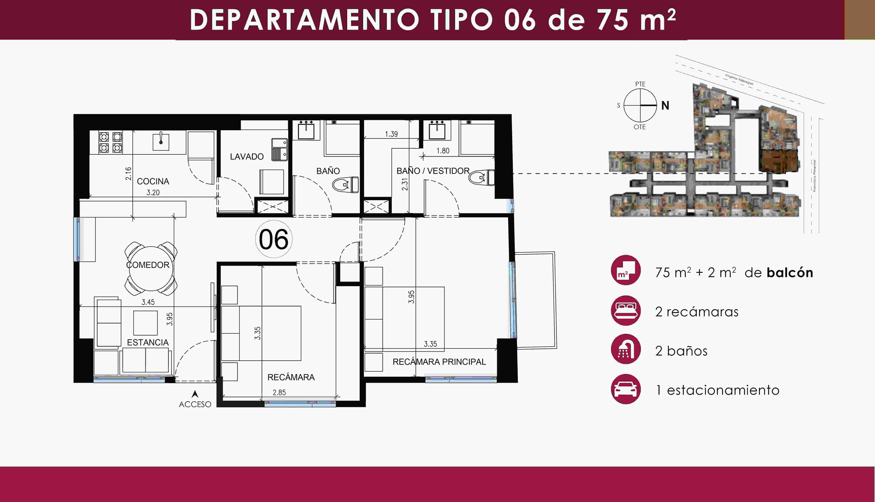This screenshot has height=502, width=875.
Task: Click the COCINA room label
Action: (153, 181)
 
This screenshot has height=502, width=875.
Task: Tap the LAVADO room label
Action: (247, 157)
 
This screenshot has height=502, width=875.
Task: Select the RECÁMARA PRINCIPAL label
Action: (439, 362)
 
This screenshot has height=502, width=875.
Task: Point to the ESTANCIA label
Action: (148, 342)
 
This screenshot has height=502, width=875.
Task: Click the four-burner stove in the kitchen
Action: (111, 142)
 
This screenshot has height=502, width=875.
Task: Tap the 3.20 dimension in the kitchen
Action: (153, 192)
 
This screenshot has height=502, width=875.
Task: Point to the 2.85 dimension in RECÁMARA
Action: (279, 392)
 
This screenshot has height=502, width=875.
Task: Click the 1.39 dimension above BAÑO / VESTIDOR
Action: (391, 134)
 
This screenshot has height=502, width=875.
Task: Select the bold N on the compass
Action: (665, 106)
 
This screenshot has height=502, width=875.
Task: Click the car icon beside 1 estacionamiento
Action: (626, 389)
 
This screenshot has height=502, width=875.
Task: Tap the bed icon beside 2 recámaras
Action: (626, 311)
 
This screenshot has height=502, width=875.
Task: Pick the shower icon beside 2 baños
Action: (626, 349)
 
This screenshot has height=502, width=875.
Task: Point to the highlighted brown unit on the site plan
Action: (779, 161)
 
